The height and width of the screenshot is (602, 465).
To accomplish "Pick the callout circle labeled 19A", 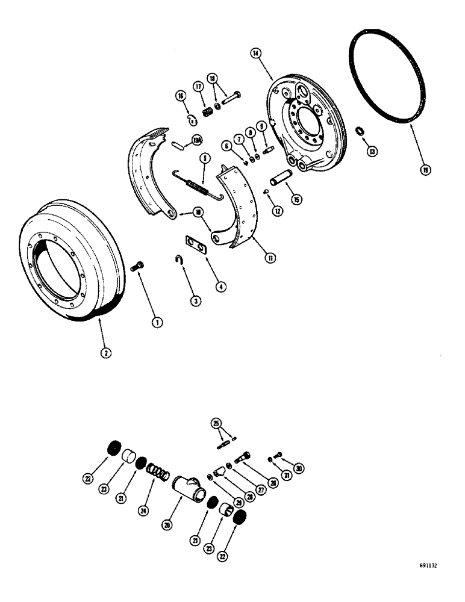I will (x=196, y=141).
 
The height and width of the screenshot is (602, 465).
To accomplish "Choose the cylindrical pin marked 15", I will (x=281, y=181).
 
